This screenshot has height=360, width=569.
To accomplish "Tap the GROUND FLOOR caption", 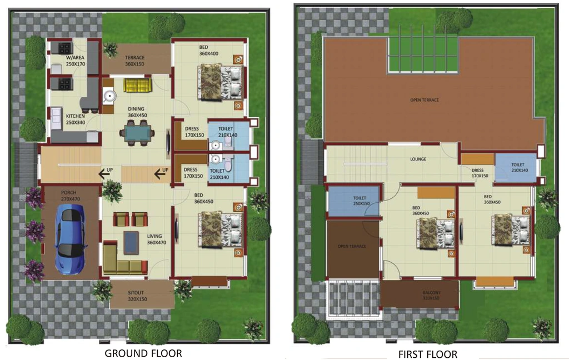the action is pyautogui.click(x=143, y=353).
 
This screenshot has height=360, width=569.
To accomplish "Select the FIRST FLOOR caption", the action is pyautogui.click(x=428, y=354).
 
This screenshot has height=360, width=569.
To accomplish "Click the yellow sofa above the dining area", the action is pyautogui.click(x=138, y=86).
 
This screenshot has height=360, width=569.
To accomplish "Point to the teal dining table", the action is pyautogui.click(x=138, y=133).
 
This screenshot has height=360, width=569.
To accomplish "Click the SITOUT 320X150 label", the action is pyautogui.click(x=136, y=296).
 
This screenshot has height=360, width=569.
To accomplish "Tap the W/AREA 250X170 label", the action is pyautogui.click(x=76, y=61).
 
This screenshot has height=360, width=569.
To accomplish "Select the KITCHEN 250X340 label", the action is pyautogui.click(x=76, y=119).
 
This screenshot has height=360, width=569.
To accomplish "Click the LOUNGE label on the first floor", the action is pyautogui.click(x=418, y=159).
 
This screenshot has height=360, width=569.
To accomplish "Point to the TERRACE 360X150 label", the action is pyautogui.click(x=134, y=61).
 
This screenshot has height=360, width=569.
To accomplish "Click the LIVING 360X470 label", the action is pyautogui.click(x=156, y=239).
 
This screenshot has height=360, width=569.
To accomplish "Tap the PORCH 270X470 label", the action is pyautogui.click(x=71, y=196).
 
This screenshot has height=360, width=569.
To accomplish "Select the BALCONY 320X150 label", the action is pyautogui.click(x=431, y=295).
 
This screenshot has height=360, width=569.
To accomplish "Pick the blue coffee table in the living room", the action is pyautogui.click(x=131, y=243).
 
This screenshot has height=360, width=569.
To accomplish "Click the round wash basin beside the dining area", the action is pyautogui.click(x=109, y=96).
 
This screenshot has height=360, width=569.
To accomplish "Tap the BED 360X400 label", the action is pyautogui.click(x=209, y=51).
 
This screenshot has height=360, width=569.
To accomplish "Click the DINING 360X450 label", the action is pyautogui.click(x=137, y=112).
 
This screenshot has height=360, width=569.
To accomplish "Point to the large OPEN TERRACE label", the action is pyautogui.click(x=424, y=100).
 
